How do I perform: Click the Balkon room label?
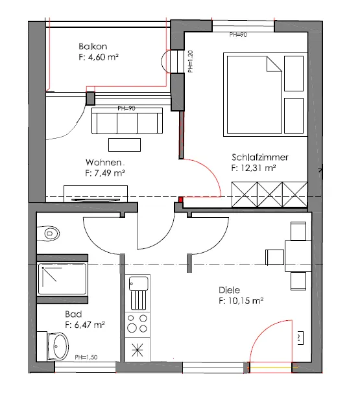coord(93,47)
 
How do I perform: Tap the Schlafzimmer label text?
coord(260,158)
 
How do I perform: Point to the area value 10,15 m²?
coord(245,301)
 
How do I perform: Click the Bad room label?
coord(73,314)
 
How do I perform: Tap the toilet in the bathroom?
coord(49,233)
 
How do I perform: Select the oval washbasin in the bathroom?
coord(58,346)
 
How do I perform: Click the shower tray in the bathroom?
coord(62,279)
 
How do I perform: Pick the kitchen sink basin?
coord(138,283)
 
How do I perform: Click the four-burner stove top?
coord(138,325)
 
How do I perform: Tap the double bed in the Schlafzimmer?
coord(254,95)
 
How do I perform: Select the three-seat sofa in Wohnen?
coord(127,121)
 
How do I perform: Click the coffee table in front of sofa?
coord(125,145)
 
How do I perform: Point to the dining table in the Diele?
coord(298,256)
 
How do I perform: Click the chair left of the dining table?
coord(274,257)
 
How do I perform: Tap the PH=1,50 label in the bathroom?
coord(86,357)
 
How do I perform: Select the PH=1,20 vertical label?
coord(191,62)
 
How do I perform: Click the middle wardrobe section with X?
coord(270,194)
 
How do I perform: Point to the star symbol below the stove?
coord(138,350)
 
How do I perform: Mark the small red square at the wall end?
coord(180,200)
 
